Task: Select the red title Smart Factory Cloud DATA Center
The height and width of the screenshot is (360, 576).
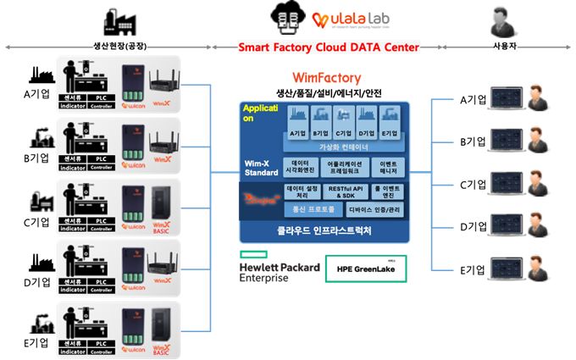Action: pyautogui.click(x=329, y=47)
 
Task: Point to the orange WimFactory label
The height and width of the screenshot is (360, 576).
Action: pyautogui.click(x=326, y=78)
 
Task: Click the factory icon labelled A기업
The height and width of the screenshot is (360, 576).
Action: pyautogui.click(x=297, y=120)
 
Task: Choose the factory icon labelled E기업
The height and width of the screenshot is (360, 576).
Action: pyautogui.click(x=389, y=120)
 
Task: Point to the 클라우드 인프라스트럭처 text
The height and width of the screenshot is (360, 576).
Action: pyautogui.click(x=324, y=230)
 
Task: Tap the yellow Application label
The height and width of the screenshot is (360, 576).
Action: pyautogui.click(x=258, y=114)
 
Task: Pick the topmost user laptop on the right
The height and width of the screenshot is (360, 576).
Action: pyautogui.click(x=505, y=95)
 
